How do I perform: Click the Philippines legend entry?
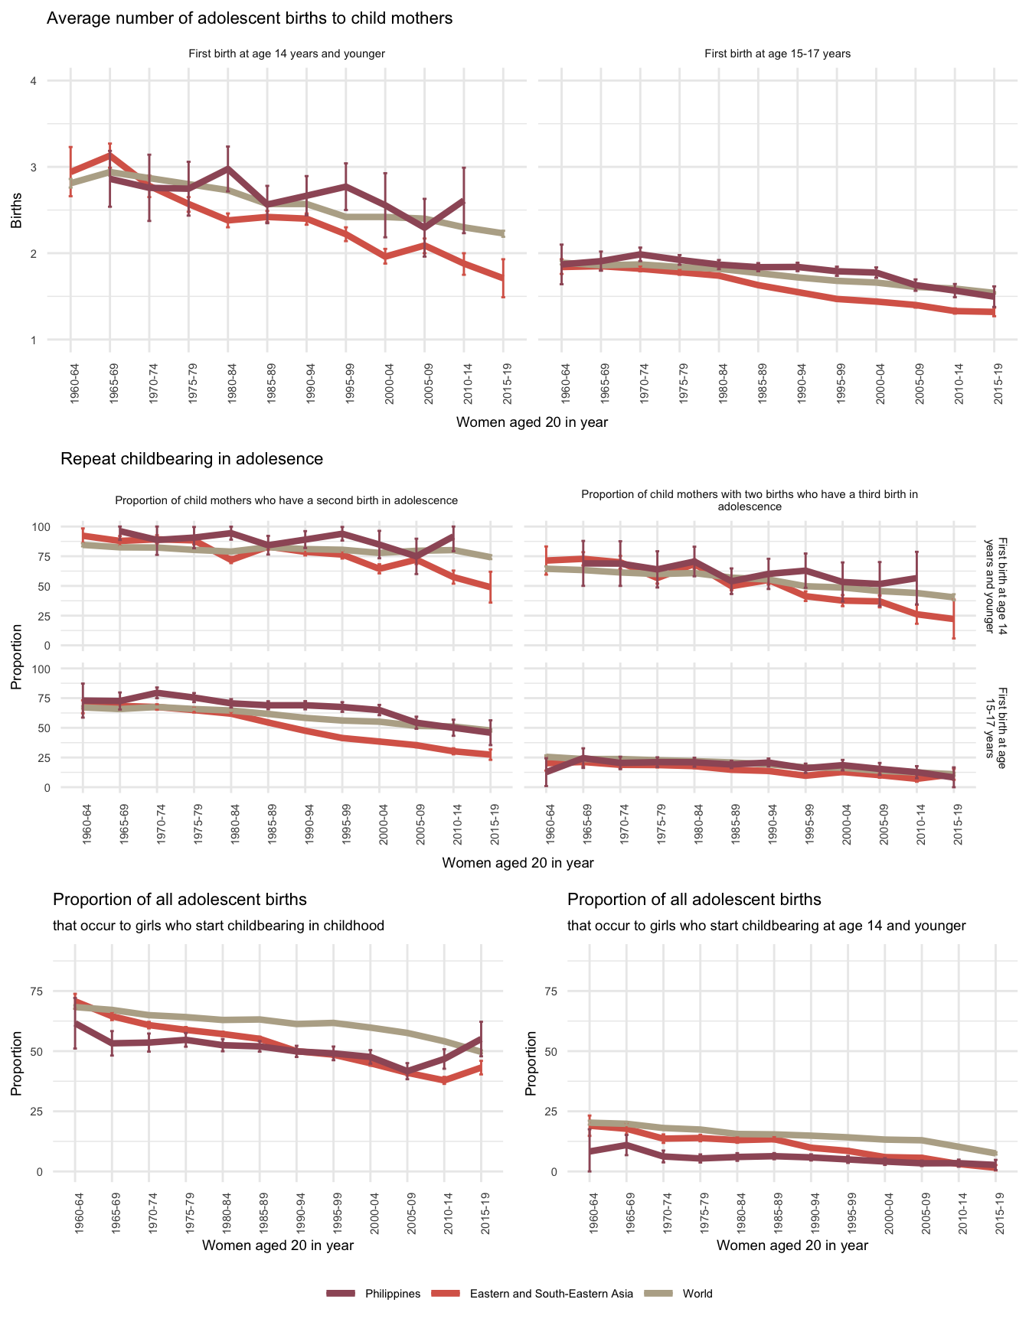tap(392, 1294)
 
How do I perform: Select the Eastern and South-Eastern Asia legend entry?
tap(551, 1294)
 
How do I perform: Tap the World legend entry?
tap(697, 1294)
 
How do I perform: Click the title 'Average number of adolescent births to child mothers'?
tap(250, 18)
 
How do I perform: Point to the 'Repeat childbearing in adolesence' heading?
tap(191, 459)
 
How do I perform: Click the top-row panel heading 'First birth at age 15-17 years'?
tap(777, 54)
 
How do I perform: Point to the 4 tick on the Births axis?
tap(33, 81)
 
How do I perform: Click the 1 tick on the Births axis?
tap(33, 340)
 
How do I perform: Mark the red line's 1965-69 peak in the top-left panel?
tap(110, 155)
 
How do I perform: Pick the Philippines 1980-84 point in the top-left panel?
tap(228, 168)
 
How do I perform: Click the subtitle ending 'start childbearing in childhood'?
tap(218, 926)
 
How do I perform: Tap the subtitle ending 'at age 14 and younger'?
tap(766, 926)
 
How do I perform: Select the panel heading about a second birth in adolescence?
tap(286, 500)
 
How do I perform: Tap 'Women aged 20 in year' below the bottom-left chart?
tap(278, 1245)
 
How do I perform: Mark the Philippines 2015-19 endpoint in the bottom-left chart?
tap(482, 1038)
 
